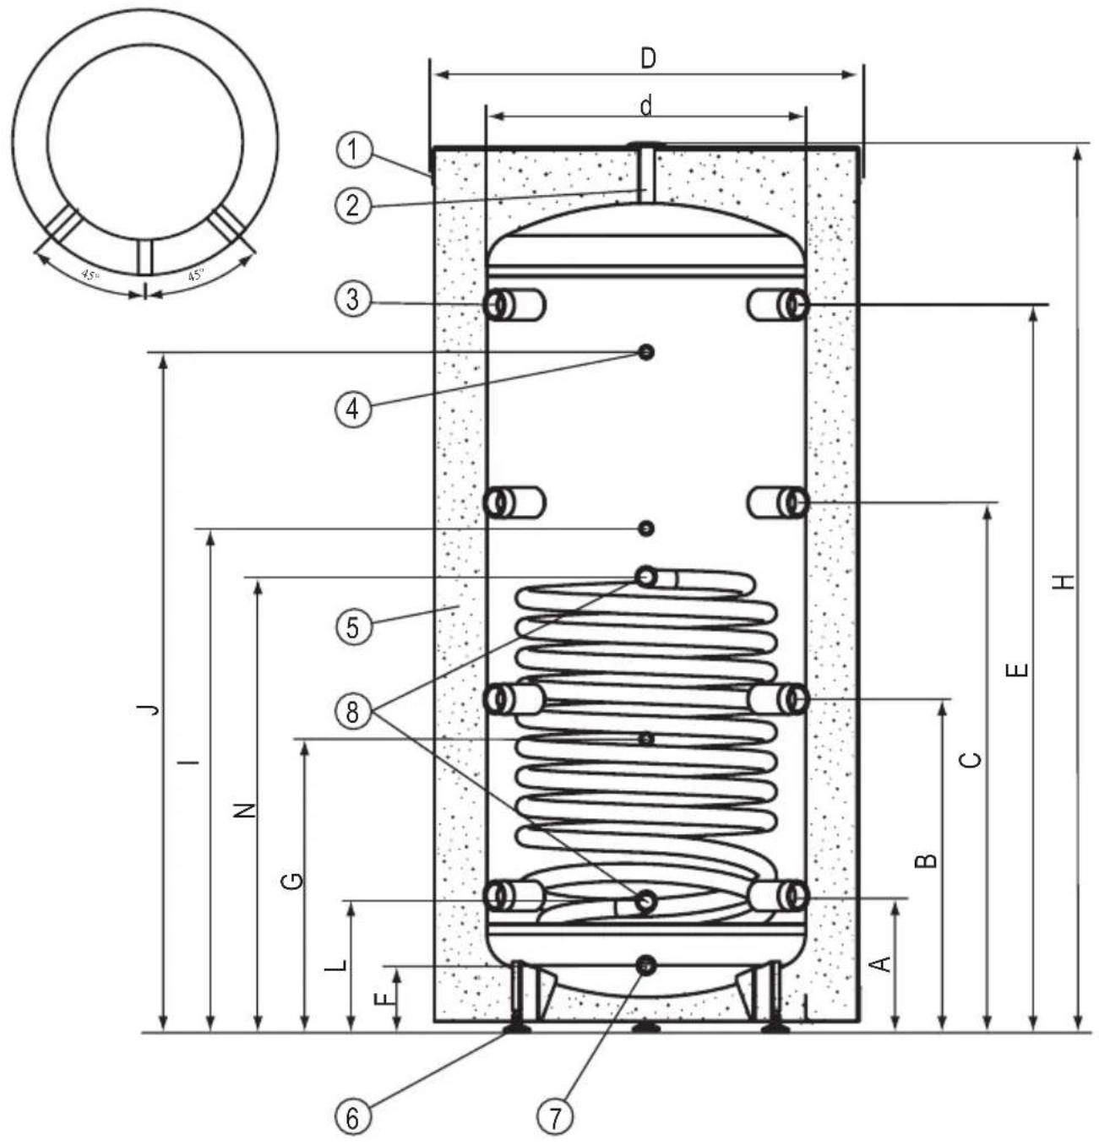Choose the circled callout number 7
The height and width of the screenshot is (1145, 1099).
555,1118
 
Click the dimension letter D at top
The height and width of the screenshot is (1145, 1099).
647,58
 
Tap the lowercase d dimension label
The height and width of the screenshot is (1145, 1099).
646,106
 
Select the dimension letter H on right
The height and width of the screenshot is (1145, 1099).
1065,582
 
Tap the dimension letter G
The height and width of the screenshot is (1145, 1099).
291,882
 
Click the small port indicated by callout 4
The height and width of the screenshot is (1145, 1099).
647,352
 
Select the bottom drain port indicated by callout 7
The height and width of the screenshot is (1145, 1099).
647,964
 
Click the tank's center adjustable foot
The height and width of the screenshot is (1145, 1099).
647,1028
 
